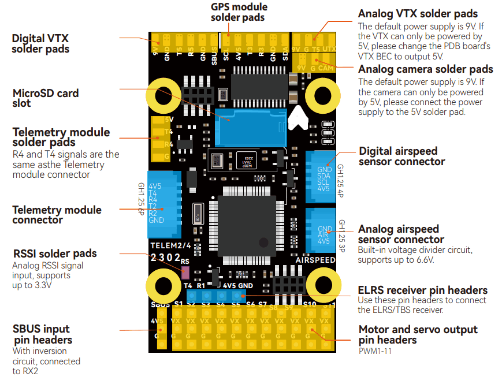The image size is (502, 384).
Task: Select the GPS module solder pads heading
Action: click(x=238, y=12)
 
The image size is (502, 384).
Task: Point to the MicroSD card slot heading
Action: click(x=46, y=98)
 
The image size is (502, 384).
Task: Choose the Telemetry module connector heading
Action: click(x=57, y=215)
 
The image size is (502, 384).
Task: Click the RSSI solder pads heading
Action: click(x=55, y=253)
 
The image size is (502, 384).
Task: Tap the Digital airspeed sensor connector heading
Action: click(x=401, y=156)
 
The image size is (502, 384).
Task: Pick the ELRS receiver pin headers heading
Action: click(x=422, y=290)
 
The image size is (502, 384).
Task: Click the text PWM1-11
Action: click(x=376, y=351)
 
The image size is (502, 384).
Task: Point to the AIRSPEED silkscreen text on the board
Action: click(x=315, y=260)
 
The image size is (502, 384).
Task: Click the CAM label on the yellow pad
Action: click(x=326, y=68)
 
